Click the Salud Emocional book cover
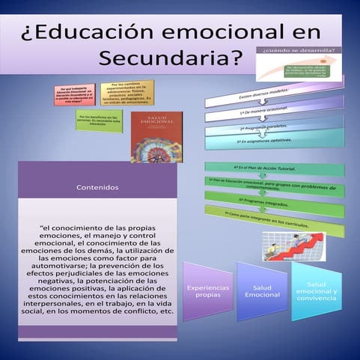click(x=156, y=137)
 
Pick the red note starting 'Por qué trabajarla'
click(x=73, y=96)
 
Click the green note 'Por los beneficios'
click(x=97, y=120)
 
